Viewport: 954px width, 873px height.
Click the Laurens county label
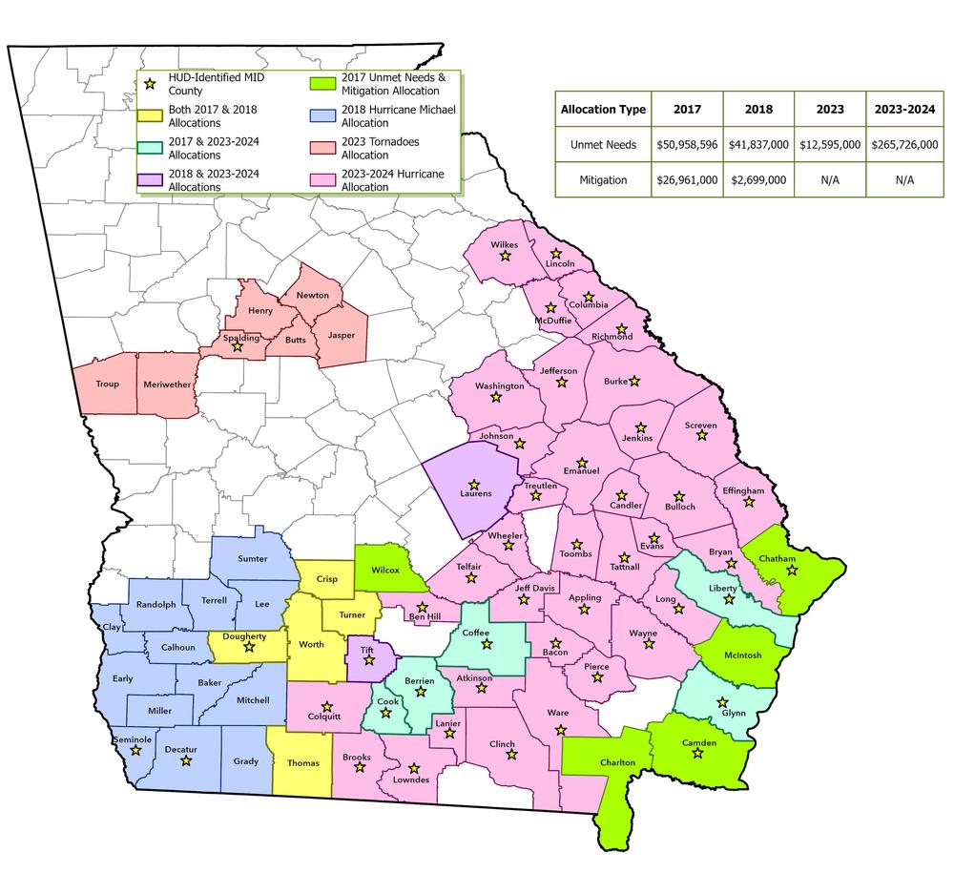tap(475, 494)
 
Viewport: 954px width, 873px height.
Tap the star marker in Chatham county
tap(792, 571)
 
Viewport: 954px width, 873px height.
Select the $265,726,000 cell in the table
tap(902, 144)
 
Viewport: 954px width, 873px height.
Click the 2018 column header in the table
tap(758, 109)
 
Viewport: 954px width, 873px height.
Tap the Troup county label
tap(107, 385)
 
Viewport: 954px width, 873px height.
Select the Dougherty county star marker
tap(250, 647)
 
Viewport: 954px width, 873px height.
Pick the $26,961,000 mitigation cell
tap(687, 179)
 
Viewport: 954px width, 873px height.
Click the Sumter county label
tap(252, 558)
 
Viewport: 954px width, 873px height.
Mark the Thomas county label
tap(302, 763)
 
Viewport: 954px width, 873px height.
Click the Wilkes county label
tap(504, 245)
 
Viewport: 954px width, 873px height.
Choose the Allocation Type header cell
tap(603, 109)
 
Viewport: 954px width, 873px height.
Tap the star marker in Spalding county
tap(238, 347)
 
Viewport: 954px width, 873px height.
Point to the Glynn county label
tap(733, 714)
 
